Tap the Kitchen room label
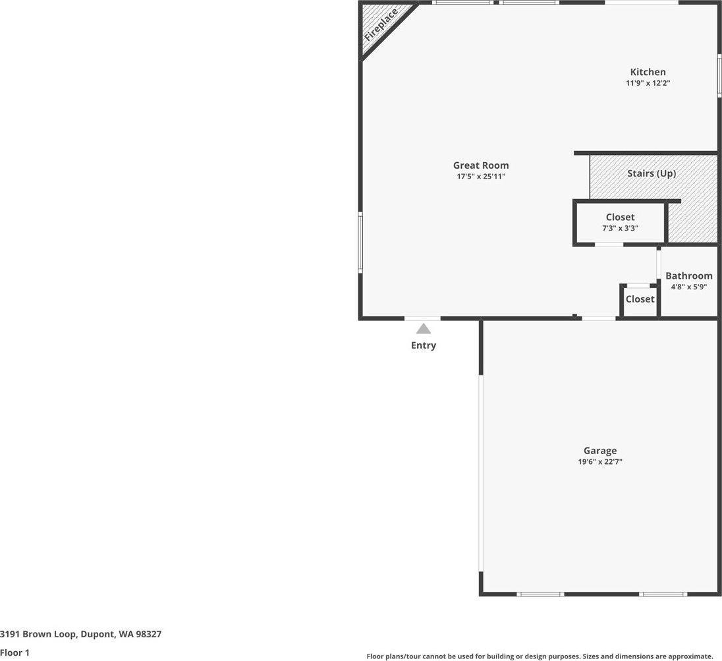pyautogui.click(x=648, y=72)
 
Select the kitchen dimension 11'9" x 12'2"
pyautogui.click(x=648, y=84)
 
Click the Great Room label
pyautogui.click(x=480, y=165)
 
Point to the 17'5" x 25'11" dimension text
pyautogui.click(x=480, y=177)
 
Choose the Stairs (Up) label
pyautogui.click(x=651, y=173)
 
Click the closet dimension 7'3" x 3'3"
pyautogui.click(x=620, y=229)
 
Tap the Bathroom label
pyautogui.click(x=688, y=276)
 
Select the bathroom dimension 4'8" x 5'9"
pyautogui.click(x=688, y=287)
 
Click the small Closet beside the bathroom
pyautogui.click(x=640, y=299)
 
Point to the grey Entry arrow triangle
pyautogui.click(x=423, y=328)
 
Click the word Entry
pyautogui.click(x=423, y=345)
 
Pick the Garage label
pyautogui.click(x=599, y=451)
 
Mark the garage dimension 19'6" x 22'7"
pyautogui.click(x=599, y=462)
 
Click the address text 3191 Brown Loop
pyautogui.click(x=80, y=634)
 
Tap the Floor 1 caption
pyautogui.click(x=14, y=653)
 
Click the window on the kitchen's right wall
pyautogui.click(x=719, y=75)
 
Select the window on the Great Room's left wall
pyautogui.click(x=360, y=242)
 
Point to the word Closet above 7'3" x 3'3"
pyautogui.click(x=620, y=217)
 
